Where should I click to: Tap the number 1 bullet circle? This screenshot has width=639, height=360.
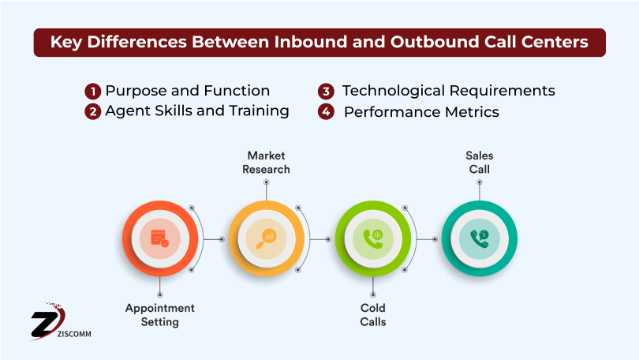pos(93,91)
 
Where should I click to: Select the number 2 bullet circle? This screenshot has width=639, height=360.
pos(93,111)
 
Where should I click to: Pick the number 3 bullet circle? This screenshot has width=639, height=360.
pos(326,91)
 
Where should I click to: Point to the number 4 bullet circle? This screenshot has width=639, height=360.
pos(326,111)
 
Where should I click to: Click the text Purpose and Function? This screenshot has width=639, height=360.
pos(188,91)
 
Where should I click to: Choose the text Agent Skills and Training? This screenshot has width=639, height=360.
pos(197,111)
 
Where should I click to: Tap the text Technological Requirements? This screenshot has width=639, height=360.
pos(448,91)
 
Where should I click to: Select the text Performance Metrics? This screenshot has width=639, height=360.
pos(421,112)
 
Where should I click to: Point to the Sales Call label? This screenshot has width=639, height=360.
pos(479,163)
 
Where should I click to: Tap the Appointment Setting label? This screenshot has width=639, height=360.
pos(160,314)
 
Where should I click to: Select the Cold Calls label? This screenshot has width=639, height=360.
pos(373,314)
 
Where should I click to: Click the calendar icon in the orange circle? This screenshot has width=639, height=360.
pos(159,238)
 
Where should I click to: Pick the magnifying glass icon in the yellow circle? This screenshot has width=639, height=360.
pos(266,238)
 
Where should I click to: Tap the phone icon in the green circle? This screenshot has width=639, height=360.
pos(372,238)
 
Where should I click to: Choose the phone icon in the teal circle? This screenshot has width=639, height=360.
pos(479,238)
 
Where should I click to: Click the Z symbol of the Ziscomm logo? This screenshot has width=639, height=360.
pos(45,321)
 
